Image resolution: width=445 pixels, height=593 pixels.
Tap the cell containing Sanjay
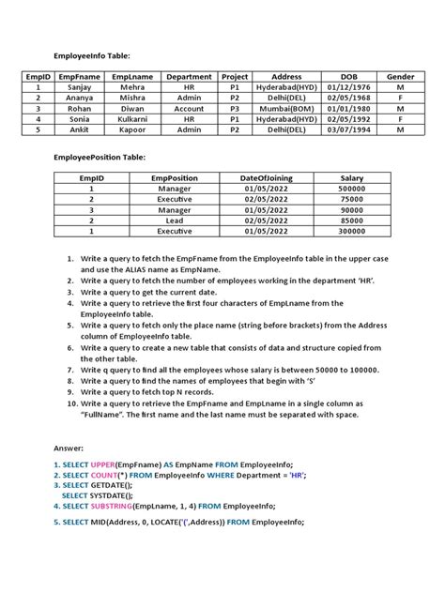pyautogui.click(x=80, y=87)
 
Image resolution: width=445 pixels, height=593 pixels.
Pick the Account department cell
pyautogui.click(x=190, y=109)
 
